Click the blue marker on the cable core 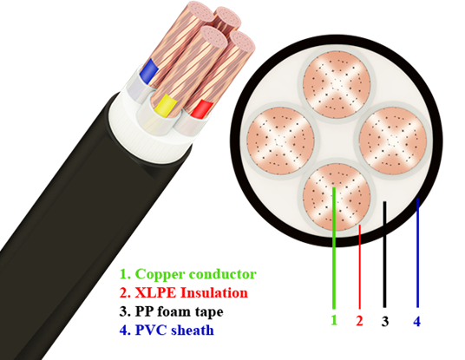coord(148,71)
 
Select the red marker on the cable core coord(202,109)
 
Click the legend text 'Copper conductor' coord(196,274)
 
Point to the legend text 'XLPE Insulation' coord(191,292)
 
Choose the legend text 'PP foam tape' coord(179,311)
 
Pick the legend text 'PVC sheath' coord(174,330)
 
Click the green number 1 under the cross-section coord(334,320)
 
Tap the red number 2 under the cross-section coord(359,321)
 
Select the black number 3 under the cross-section coord(385,321)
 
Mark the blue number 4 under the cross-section coord(417,321)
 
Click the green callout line coord(334,248)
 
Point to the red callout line coord(360,267)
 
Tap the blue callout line coord(417,252)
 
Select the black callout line coord(384,254)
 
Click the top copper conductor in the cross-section coord(337,84)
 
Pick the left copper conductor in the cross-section coord(280,141)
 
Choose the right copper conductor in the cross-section coord(393,141)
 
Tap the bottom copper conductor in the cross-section coord(337,197)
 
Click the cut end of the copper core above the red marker coord(243,42)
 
